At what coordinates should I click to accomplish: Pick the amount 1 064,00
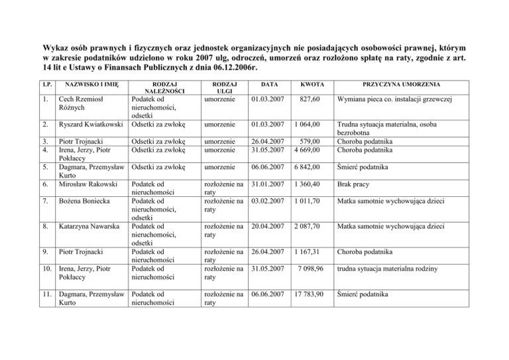click(307, 123)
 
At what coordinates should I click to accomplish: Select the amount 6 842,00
click(307, 168)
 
